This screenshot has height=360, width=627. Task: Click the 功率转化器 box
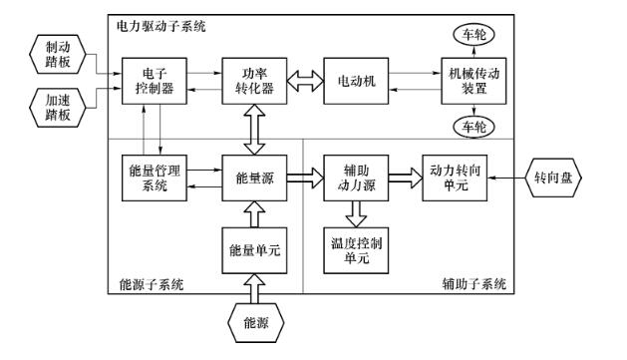pyautogui.click(x=249, y=78)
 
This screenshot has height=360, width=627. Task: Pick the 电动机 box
pyautogui.click(x=355, y=78)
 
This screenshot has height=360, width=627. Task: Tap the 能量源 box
pyautogui.click(x=249, y=177)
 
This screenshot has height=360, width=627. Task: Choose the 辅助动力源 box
pyautogui.click(x=355, y=177)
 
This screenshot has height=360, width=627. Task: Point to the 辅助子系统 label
pyautogui.click(x=472, y=284)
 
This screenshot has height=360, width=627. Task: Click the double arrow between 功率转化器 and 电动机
pyautogui.click(x=303, y=78)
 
